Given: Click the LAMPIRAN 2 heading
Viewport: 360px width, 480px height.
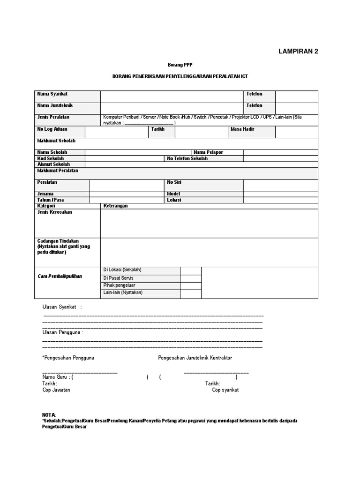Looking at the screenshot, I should tap(298, 52).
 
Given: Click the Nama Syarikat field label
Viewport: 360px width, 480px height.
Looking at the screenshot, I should tap(52, 94).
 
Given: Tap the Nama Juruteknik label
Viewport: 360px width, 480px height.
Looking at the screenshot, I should tap(55, 105).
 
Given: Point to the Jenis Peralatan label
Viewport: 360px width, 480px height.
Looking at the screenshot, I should tap(53, 117).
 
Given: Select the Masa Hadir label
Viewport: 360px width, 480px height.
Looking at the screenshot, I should tap(242, 129).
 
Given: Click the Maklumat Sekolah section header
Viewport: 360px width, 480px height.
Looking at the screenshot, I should tap(56, 141).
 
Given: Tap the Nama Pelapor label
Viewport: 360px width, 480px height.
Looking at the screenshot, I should tap(208, 152).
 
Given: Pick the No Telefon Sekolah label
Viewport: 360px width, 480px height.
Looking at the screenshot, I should tap(187, 158).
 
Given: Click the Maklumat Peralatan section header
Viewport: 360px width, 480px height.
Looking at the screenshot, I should tap(58, 171).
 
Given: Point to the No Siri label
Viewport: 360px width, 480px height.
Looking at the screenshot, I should tap(174, 182).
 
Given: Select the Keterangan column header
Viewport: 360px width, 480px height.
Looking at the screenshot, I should tap(115, 206).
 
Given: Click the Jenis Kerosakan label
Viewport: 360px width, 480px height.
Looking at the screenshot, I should tap(54, 212).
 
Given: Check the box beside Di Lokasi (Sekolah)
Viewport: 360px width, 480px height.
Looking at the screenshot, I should tap(191, 270).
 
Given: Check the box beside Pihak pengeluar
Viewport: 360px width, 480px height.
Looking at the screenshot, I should tap(191, 285).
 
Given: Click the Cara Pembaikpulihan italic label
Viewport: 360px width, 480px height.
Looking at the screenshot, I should tap(60, 276).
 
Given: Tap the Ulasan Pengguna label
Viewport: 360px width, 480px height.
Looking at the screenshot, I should tap(63, 332).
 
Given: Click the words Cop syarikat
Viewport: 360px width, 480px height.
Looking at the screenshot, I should tap(225, 390).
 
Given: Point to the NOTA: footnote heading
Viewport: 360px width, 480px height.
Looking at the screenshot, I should tap(49, 415).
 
